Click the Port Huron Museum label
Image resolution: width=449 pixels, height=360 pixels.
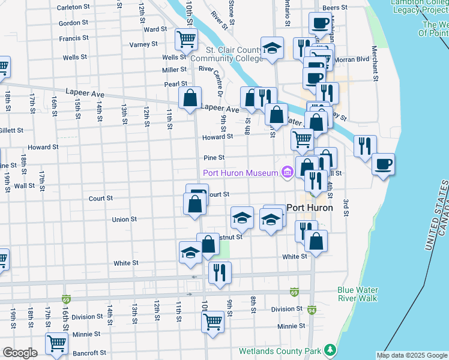point(240,173)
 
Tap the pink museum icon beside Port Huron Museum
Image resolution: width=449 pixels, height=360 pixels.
point(287,173)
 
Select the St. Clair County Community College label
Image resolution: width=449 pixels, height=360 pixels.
point(226,55)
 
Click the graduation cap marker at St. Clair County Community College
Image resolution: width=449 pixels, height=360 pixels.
point(272,49)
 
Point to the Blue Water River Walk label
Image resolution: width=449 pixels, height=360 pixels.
point(358,293)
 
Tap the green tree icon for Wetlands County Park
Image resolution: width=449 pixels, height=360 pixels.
point(330,349)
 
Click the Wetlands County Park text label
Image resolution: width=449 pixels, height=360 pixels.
point(280,350)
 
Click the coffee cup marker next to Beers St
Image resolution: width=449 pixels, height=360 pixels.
point(319,23)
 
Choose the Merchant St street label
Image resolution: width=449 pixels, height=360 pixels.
point(375,63)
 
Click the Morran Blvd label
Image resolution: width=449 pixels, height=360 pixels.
point(354,59)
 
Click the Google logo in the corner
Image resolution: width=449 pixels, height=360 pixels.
point(20,353)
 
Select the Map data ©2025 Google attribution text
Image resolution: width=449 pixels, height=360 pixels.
point(412,355)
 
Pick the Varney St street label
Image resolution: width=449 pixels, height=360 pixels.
point(143,44)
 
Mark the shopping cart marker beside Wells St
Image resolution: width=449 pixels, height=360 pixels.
point(186,39)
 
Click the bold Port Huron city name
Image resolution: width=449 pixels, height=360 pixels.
point(309,208)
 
